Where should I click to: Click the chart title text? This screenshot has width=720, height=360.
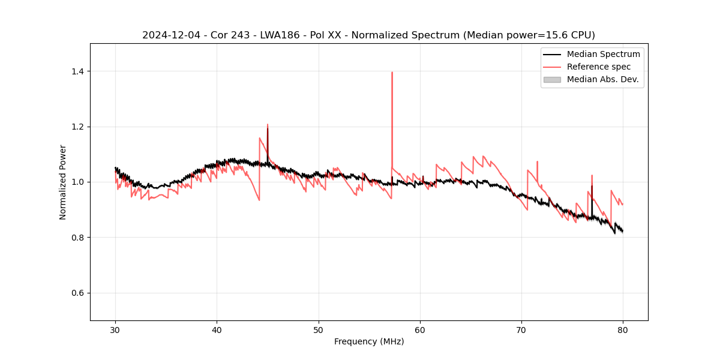pyautogui.click(x=368, y=35)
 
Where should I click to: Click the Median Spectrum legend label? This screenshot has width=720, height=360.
pyautogui.click(x=603, y=54)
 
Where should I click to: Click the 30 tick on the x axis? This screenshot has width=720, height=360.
pyautogui.click(x=115, y=330)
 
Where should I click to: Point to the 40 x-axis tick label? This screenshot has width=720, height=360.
pyautogui.click(x=217, y=330)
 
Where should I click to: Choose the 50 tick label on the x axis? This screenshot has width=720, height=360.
pyautogui.click(x=318, y=330)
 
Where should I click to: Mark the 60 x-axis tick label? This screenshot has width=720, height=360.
pyautogui.click(x=420, y=330)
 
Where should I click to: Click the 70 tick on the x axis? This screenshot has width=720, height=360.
pyautogui.click(x=521, y=330)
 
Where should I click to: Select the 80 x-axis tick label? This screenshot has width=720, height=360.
pyautogui.click(x=623, y=330)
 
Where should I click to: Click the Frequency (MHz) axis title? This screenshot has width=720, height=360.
pyautogui.click(x=369, y=341)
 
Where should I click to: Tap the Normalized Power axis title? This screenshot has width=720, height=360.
pyautogui.click(x=62, y=182)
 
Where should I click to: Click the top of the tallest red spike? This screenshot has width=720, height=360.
pyautogui.click(x=392, y=73)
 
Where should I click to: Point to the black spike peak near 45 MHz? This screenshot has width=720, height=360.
pyautogui.click(x=268, y=128)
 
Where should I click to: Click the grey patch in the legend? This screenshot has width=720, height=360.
pyautogui.click(x=552, y=79)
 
